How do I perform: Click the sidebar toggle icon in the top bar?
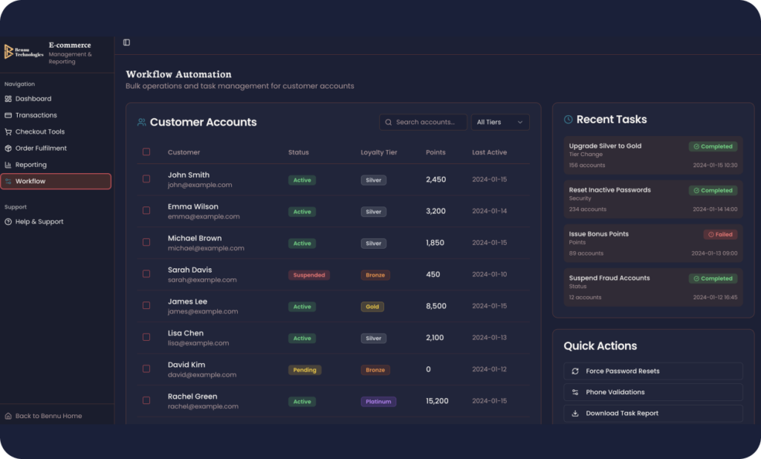[126, 42]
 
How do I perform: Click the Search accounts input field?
[423, 123]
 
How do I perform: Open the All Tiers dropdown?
[500, 123]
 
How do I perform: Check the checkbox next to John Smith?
[146, 179]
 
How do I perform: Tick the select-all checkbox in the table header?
[146, 152]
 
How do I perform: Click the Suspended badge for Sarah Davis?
[308, 275]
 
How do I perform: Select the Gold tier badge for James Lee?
[372, 307]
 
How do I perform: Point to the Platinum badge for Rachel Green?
[378, 402]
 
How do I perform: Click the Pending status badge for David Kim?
[305, 370]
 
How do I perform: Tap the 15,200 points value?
[437, 401]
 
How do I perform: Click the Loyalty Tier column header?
[378, 152]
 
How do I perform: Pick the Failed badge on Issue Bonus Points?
[720, 235]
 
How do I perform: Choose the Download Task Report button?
[652, 414]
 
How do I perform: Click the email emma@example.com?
[204, 217]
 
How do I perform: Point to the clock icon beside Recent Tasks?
[569, 120]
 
